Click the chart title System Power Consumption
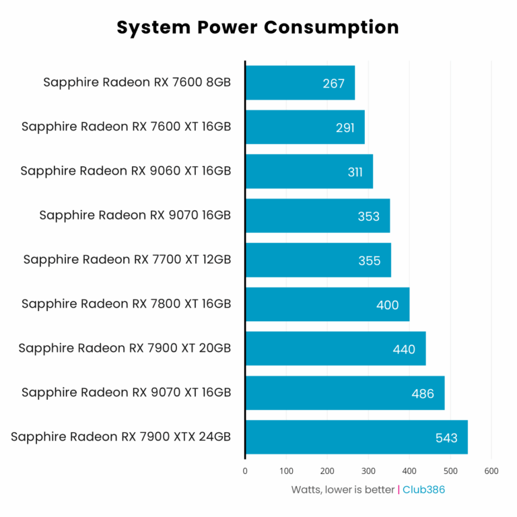(258, 27)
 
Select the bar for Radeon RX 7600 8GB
(300, 83)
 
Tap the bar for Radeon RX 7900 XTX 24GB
(356, 438)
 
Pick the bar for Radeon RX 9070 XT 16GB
(345, 393)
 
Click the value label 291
(345, 127)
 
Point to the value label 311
(355, 172)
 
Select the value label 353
(369, 216)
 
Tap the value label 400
(388, 305)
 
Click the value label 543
(446, 438)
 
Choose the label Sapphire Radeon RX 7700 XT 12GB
(127, 260)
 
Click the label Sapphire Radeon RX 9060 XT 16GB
(126, 171)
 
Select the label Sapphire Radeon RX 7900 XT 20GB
(125, 348)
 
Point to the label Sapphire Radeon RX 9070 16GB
(135, 215)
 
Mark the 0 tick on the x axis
(245, 471)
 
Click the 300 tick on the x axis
(368, 471)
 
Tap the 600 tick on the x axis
(491, 471)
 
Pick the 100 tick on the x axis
(286, 471)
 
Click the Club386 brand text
(423, 489)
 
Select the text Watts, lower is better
(343, 489)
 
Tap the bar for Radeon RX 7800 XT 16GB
(327, 304)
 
